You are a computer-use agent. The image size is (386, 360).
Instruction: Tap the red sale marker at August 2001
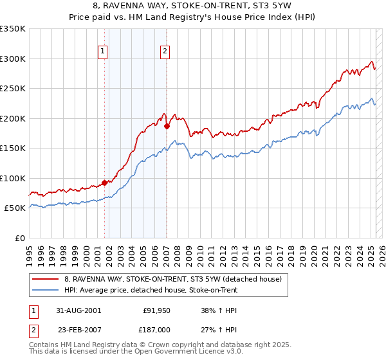coord(104,183)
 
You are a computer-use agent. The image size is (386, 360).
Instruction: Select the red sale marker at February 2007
coord(167,126)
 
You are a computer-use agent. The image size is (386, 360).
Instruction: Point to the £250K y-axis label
coord(13,88)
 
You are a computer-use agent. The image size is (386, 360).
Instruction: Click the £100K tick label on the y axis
coord(13,178)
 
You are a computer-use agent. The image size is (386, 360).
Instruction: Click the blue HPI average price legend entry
coord(151,291)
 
